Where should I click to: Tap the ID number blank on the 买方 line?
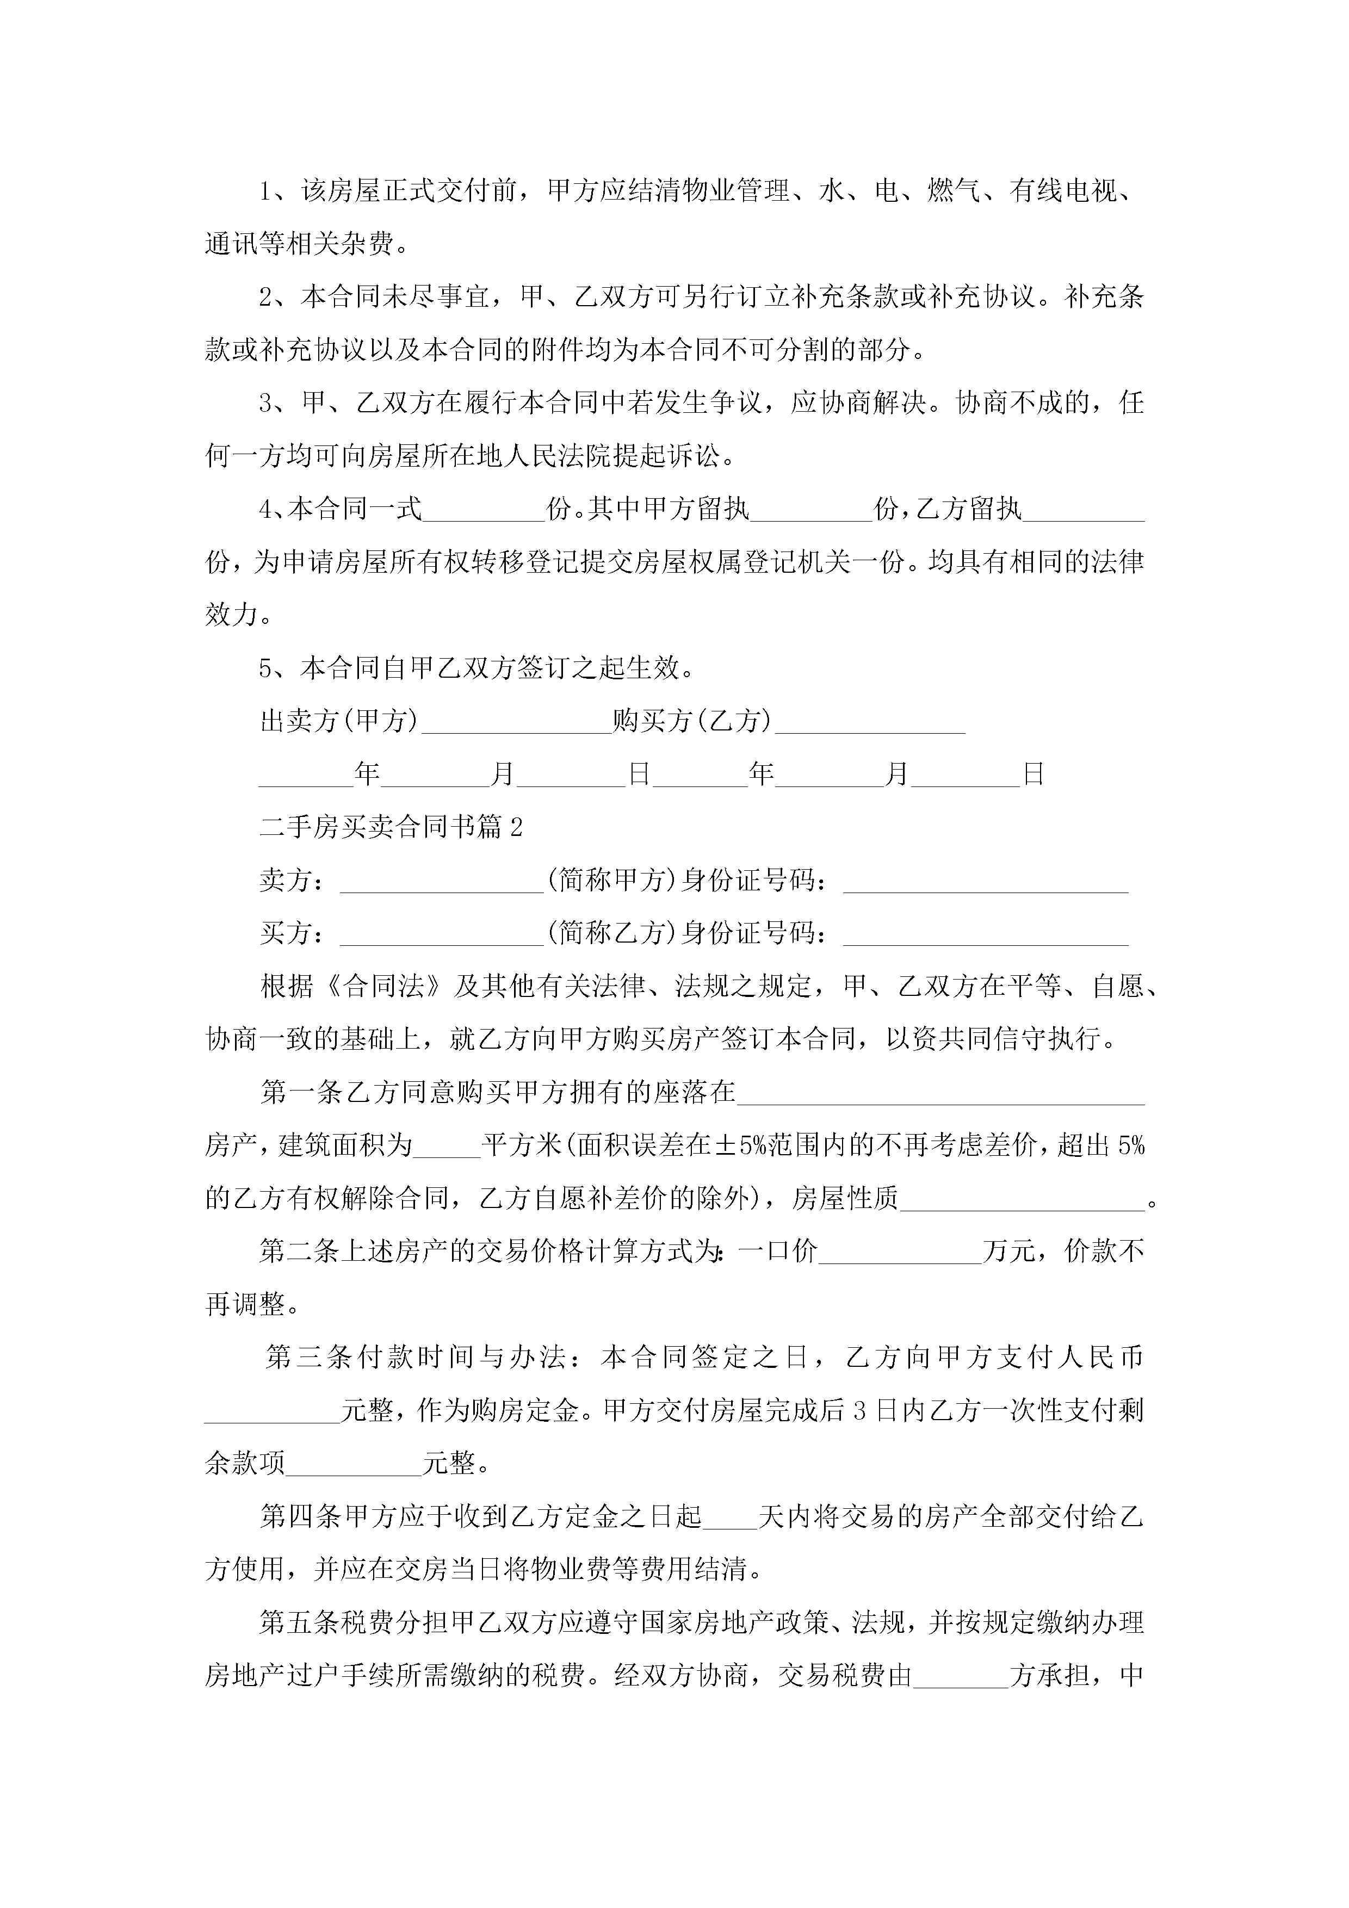(986, 933)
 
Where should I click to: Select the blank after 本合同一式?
(484, 510)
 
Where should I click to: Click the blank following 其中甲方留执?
(811, 510)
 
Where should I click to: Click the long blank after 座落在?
(941, 1093)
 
